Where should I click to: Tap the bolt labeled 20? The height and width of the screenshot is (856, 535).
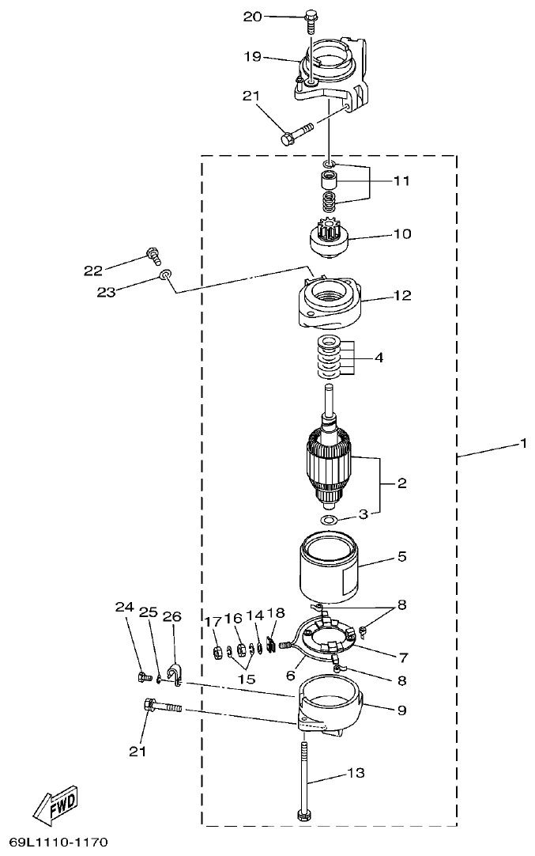click(309, 19)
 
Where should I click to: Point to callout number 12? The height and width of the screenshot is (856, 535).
click(402, 296)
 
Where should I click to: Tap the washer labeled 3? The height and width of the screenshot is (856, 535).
click(329, 520)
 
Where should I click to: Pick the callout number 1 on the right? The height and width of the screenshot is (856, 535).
click(522, 444)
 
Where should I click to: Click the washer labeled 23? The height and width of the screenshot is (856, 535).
click(164, 275)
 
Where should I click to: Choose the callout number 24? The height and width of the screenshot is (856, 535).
click(123, 608)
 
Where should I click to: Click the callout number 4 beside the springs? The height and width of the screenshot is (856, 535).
click(379, 358)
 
